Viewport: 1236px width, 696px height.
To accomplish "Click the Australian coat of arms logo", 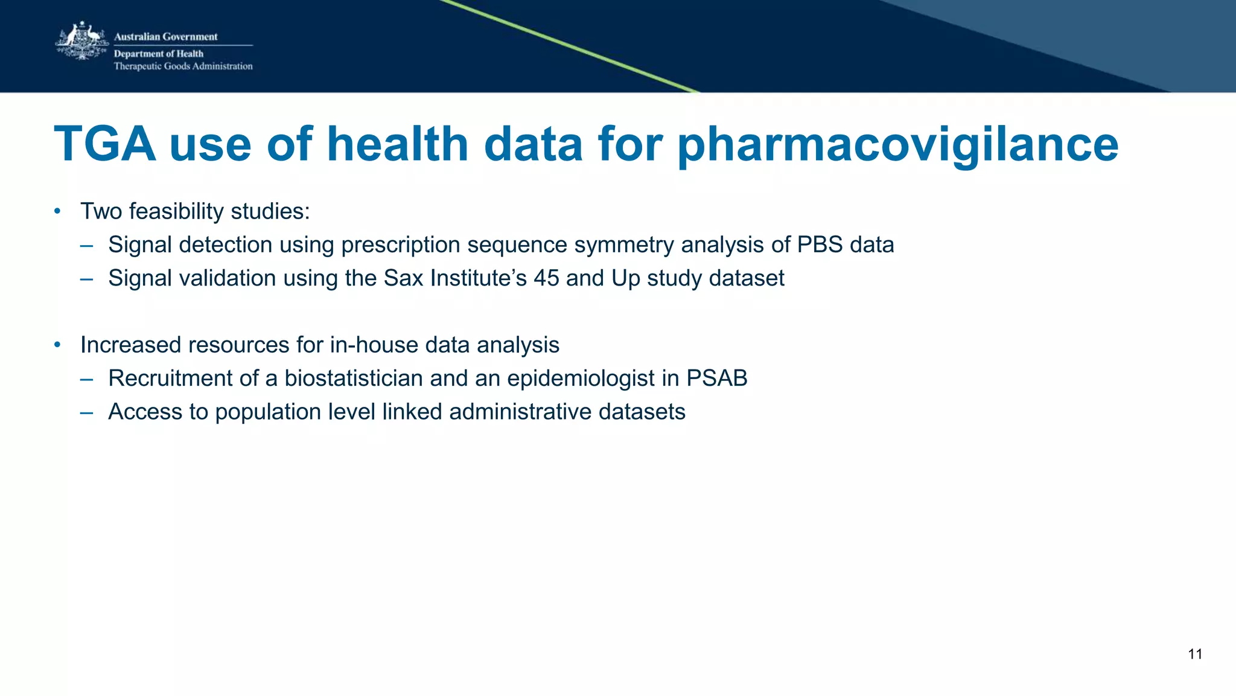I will (x=81, y=41).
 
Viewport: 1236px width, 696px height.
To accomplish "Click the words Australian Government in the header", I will (x=165, y=37).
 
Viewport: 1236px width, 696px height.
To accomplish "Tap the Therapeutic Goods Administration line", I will (x=183, y=66).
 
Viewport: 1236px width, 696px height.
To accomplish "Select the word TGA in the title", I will (x=105, y=144).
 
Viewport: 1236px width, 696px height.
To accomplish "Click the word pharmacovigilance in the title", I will (x=897, y=144).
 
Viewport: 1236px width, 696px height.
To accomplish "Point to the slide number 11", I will (x=1194, y=654).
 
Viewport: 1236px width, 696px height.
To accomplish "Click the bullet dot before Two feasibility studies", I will (x=57, y=211).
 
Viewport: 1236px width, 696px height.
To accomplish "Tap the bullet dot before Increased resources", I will (x=57, y=345).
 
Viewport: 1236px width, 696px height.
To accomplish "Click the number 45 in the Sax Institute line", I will (x=546, y=278).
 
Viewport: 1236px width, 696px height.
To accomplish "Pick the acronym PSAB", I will (x=716, y=378).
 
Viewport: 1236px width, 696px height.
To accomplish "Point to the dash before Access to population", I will (x=86, y=412).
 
